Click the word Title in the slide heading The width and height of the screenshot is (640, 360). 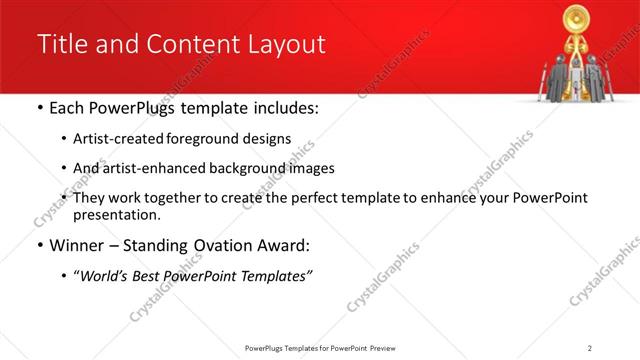62,45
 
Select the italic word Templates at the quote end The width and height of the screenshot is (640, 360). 276,276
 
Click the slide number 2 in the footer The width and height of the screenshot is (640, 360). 590,347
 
